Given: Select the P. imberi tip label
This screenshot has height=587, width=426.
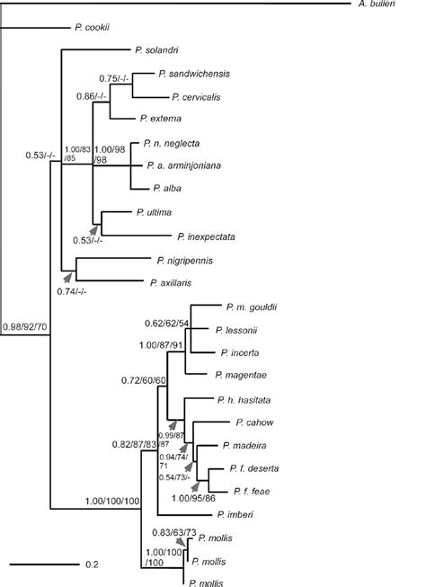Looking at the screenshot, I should (x=235, y=515).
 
